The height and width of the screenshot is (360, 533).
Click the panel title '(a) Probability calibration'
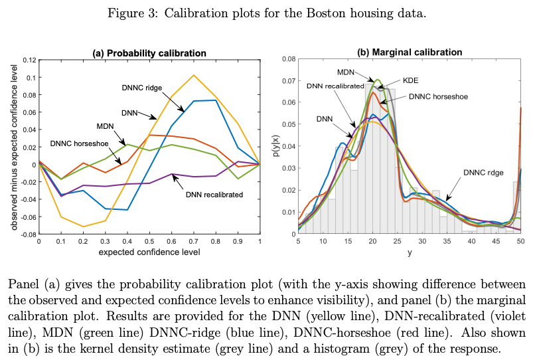click(x=149, y=53)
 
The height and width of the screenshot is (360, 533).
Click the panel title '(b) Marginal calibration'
click(x=410, y=52)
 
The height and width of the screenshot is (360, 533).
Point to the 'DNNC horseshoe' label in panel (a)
click(x=79, y=143)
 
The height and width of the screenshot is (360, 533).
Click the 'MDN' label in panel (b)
click(x=344, y=72)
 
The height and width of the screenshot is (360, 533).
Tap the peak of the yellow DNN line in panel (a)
click(x=193, y=75)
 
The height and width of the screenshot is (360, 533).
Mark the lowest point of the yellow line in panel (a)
click(x=83, y=226)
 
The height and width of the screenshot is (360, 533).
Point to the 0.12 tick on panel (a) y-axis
click(x=29, y=60)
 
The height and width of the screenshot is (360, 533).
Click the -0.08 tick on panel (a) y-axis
click(x=28, y=234)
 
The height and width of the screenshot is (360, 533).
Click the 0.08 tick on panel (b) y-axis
click(x=288, y=59)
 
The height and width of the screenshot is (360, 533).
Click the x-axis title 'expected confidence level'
click(x=149, y=252)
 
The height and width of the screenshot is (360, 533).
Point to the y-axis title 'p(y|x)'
click(x=273, y=147)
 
